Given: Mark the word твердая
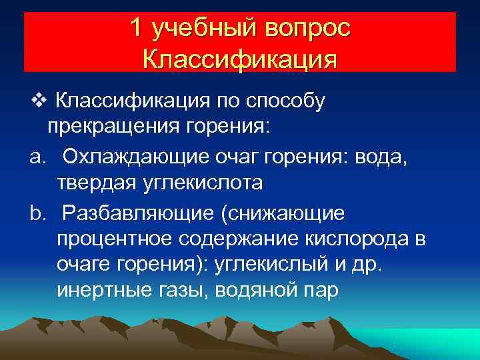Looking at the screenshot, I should pos(97,182).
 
